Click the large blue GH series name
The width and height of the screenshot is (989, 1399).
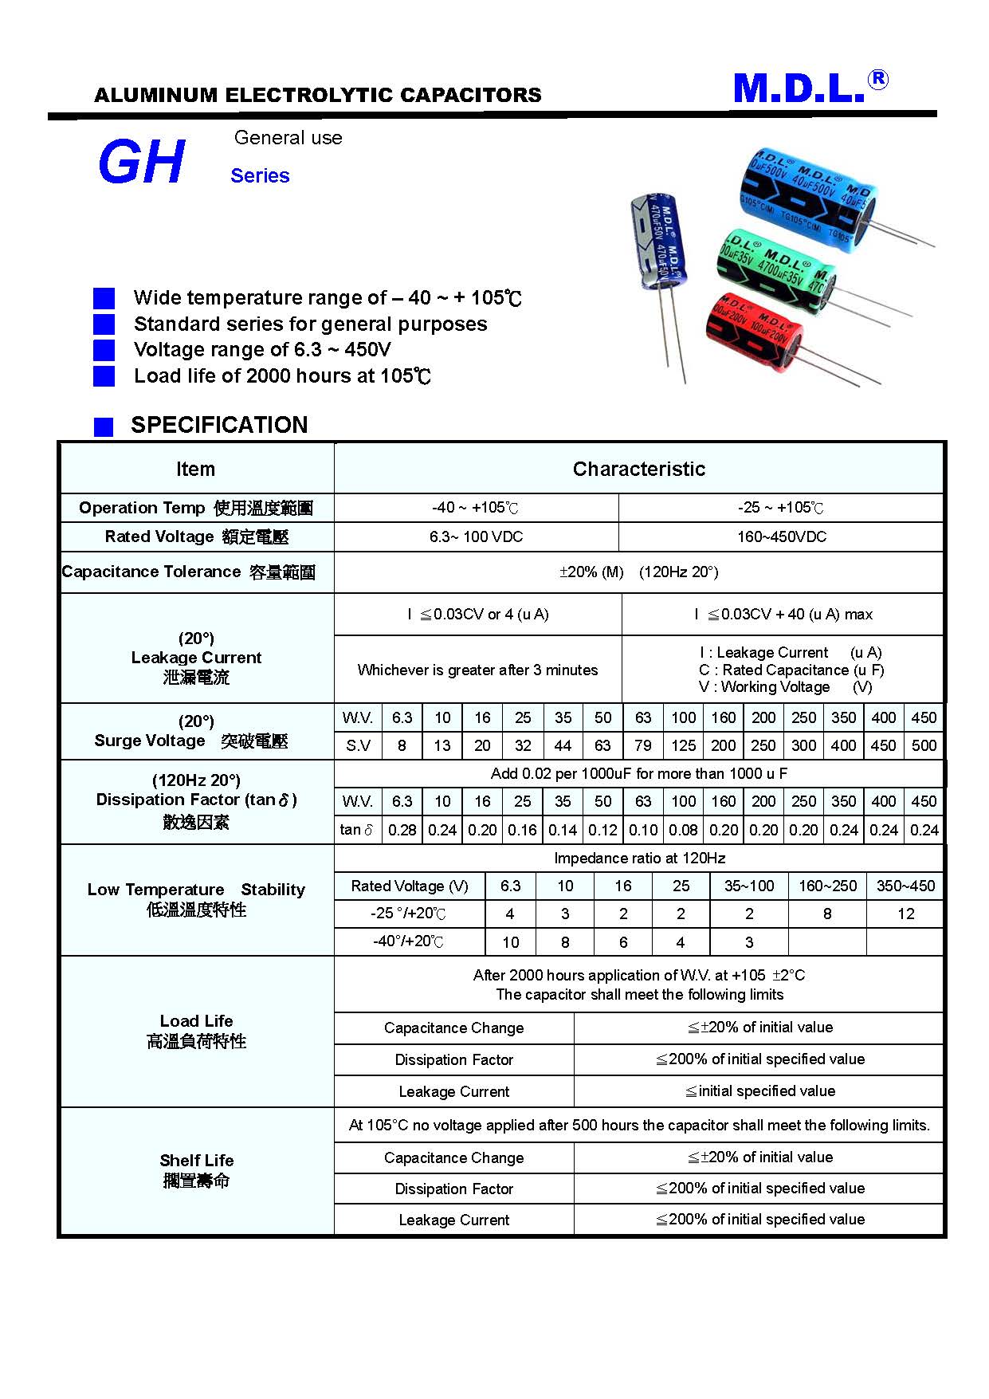click(x=141, y=163)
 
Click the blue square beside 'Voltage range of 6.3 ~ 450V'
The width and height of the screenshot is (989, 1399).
click(x=104, y=350)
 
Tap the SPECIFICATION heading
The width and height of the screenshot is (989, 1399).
click(x=219, y=425)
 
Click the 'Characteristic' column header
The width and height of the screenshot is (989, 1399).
click(x=638, y=470)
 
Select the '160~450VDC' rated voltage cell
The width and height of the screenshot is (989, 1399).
click(x=781, y=537)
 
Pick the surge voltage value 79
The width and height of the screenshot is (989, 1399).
click(x=643, y=746)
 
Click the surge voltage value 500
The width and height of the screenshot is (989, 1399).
click(x=924, y=746)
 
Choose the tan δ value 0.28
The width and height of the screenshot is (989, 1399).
click(x=402, y=831)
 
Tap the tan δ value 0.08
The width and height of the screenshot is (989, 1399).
click(x=683, y=831)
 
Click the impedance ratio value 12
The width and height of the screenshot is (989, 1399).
click(x=905, y=914)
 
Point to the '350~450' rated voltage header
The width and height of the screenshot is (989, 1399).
click(x=905, y=886)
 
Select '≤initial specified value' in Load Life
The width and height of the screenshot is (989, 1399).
click(x=760, y=1091)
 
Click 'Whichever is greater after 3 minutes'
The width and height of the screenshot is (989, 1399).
click(x=477, y=670)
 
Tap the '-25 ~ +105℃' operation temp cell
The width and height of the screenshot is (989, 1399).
click(x=781, y=508)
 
